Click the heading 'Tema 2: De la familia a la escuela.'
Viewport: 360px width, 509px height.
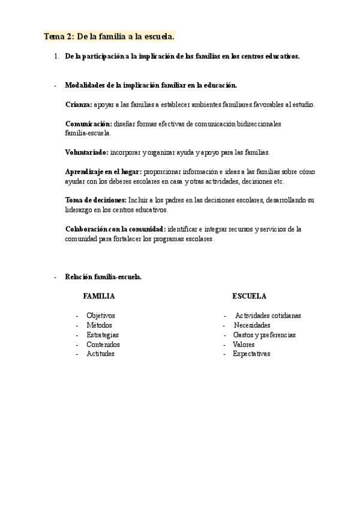coord(109,37)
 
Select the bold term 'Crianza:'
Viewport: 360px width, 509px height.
coord(79,104)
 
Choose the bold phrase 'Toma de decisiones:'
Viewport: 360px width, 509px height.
coord(96,200)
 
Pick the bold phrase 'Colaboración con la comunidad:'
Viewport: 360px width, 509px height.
coord(115,229)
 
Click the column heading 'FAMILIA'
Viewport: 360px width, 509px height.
coord(99,297)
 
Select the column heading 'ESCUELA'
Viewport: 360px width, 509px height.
coord(250,297)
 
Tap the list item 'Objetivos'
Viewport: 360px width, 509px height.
coord(101,315)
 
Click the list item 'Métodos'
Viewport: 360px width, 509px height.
coord(99,325)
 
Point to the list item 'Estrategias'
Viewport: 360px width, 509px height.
coord(103,334)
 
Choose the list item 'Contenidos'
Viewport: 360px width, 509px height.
coord(103,345)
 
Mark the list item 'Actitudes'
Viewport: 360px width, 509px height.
coord(100,354)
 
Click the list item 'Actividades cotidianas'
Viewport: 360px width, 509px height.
coord(268,315)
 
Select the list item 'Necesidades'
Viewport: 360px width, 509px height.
coord(252,325)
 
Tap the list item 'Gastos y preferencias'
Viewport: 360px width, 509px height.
coord(264,334)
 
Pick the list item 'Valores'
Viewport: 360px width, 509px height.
coord(244,345)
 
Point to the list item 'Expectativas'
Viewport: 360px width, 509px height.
coord(251,354)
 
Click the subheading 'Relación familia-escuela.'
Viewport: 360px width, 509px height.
coord(103,277)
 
